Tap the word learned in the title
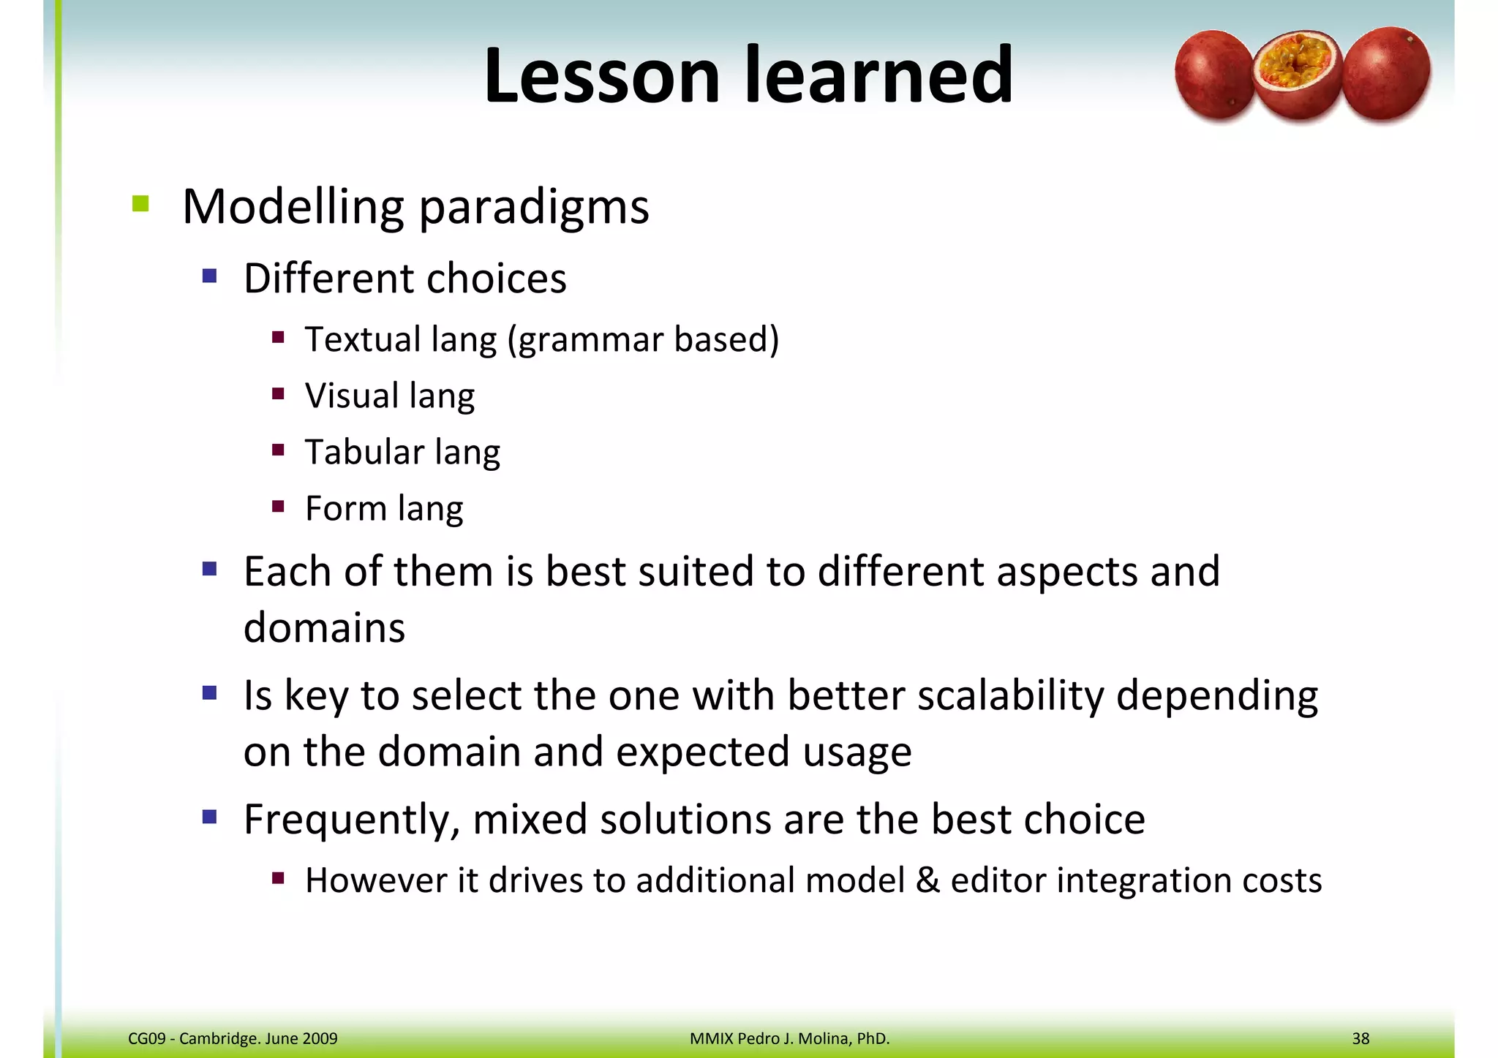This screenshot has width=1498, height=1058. [878, 75]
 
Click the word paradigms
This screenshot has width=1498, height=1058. [533, 208]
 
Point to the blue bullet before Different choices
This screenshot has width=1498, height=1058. [210, 276]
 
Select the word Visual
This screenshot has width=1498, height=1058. [352, 396]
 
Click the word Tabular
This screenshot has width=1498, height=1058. [364, 452]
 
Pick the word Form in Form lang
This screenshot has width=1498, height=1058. [345, 508]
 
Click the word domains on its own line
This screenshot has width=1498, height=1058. [324, 628]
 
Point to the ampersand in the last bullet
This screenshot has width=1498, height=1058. [927, 880]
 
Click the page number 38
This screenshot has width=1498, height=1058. [1360, 1038]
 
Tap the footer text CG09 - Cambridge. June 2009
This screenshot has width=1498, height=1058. [233, 1038]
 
